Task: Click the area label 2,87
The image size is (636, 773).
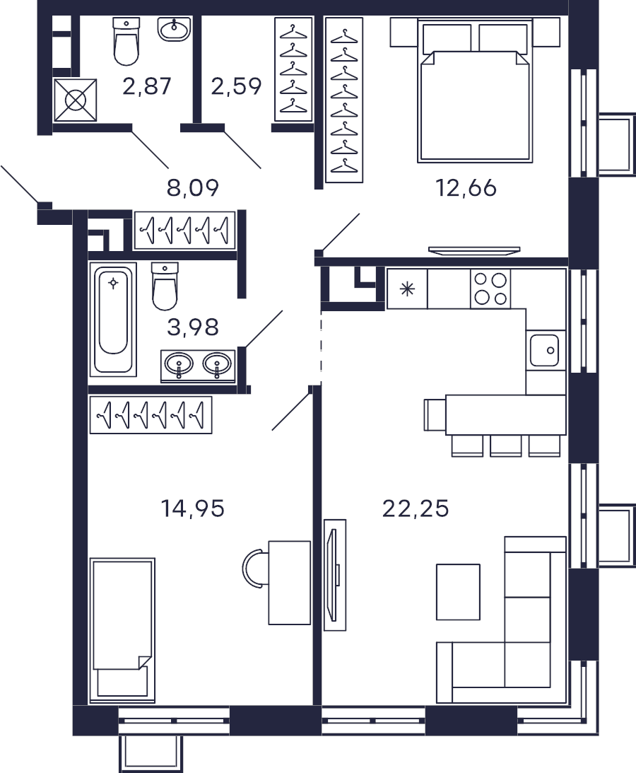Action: pyautogui.click(x=146, y=86)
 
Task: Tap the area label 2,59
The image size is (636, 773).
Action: pyautogui.click(x=236, y=86)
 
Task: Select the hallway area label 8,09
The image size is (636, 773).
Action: pyautogui.click(x=193, y=188)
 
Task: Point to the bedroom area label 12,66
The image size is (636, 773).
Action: pyautogui.click(x=466, y=188)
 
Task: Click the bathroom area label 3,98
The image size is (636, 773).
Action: pyautogui.click(x=193, y=327)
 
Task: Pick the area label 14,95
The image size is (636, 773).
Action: pyautogui.click(x=193, y=508)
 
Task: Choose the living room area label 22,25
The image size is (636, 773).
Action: pyautogui.click(x=416, y=508)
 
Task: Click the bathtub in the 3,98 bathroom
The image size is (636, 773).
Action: pyautogui.click(x=113, y=320)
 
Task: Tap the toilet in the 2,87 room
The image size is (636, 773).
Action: pyautogui.click(x=126, y=42)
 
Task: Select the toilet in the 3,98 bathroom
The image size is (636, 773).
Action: pyautogui.click(x=165, y=286)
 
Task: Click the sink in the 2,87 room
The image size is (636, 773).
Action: pyautogui.click(x=175, y=28)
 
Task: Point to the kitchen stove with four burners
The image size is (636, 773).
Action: pyautogui.click(x=490, y=289)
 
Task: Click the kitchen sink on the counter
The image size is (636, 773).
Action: pyautogui.click(x=545, y=351)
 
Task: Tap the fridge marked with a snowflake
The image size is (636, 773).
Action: pyautogui.click(x=408, y=289)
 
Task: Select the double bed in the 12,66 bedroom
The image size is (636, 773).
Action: pyautogui.click(x=475, y=91)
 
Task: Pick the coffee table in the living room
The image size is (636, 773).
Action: pyautogui.click(x=458, y=592)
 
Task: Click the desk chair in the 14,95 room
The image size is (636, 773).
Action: pyautogui.click(x=255, y=569)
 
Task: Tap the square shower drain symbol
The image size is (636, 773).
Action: pyautogui.click(x=75, y=100)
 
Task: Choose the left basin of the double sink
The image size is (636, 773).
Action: pyautogui.click(x=178, y=366)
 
